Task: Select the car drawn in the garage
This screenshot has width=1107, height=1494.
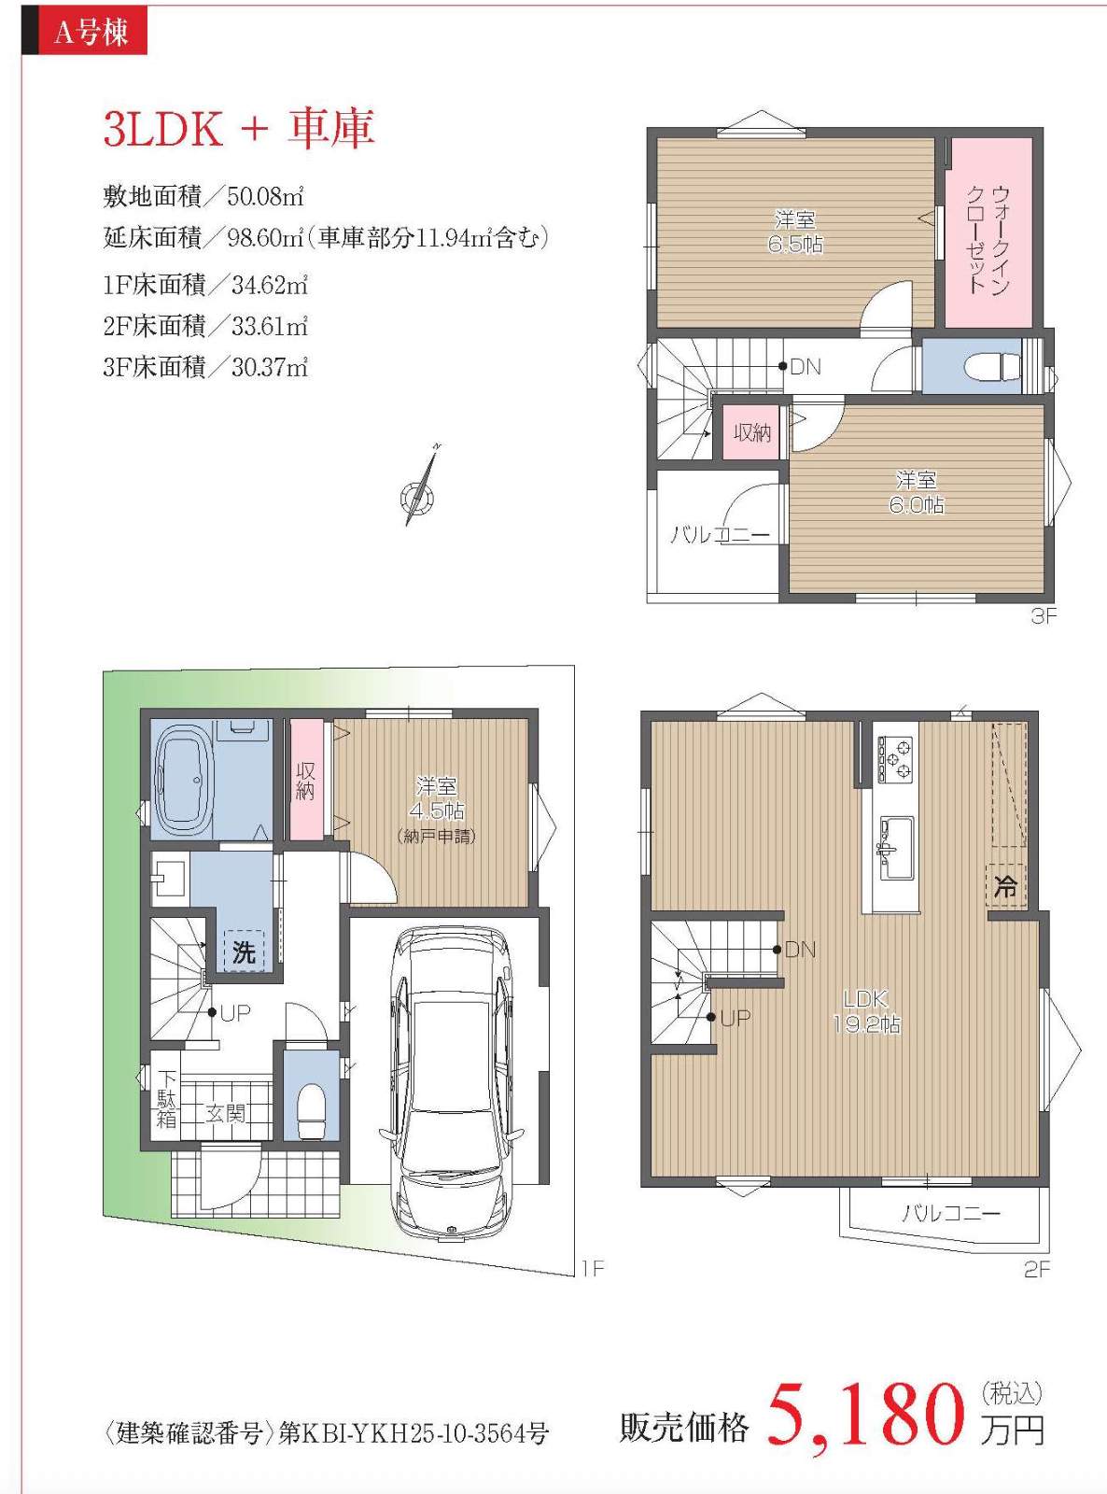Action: click(x=451, y=1085)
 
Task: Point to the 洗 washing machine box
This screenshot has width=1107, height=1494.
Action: click(x=244, y=951)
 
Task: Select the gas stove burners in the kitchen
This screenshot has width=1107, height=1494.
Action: click(x=895, y=759)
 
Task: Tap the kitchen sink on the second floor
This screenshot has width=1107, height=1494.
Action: click(x=895, y=848)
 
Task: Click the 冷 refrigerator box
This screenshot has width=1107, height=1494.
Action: click(x=1006, y=886)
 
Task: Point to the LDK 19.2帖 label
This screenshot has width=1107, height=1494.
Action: click(x=866, y=1011)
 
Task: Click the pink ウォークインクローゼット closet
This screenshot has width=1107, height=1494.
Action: click(x=988, y=233)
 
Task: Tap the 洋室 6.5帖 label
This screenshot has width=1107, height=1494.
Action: click(x=795, y=231)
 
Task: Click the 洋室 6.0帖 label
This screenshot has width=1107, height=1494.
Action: click(x=917, y=492)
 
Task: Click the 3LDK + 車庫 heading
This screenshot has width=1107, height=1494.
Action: click(x=239, y=129)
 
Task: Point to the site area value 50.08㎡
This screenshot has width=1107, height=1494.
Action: click(x=266, y=197)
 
